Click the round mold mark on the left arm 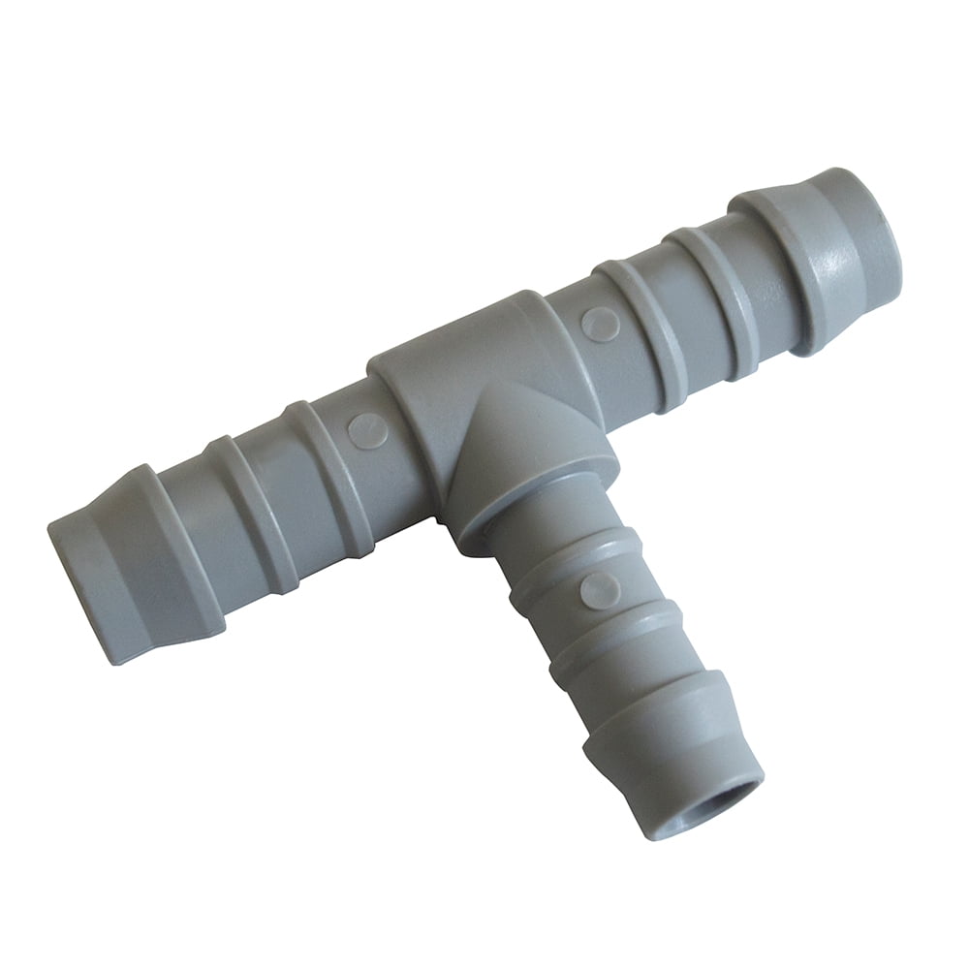click(368, 430)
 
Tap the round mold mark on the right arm click(600, 324)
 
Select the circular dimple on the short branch click(599, 589)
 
